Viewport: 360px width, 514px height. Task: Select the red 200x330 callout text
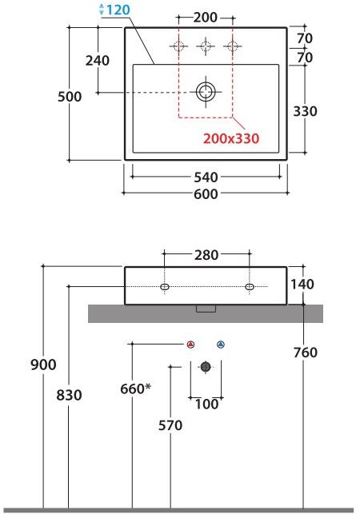click(x=231, y=138)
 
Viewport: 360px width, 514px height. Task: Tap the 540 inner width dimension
click(x=206, y=177)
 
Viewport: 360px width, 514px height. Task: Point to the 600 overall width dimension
click(x=206, y=193)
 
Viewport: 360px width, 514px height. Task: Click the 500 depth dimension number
click(x=70, y=97)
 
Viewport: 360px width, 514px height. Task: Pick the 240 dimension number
click(x=98, y=60)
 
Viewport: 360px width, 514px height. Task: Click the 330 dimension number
click(x=305, y=111)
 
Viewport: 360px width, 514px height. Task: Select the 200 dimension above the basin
click(x=205, y=18)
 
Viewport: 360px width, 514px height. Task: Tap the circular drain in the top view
click(x=206, y=92)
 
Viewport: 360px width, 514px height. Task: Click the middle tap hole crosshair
click(x=206, y=46)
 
